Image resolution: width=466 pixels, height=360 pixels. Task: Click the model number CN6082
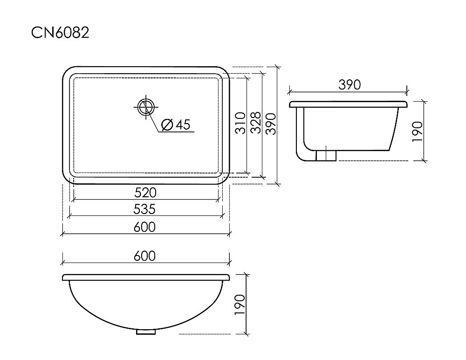(x=60, y=33)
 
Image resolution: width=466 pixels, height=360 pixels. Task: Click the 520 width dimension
(x=145, y=193)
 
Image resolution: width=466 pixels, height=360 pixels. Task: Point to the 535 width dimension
(x=144, y=209)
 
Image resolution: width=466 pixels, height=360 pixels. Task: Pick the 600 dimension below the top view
(x=145, y=227)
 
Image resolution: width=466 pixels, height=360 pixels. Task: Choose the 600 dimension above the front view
(x=145, y=256)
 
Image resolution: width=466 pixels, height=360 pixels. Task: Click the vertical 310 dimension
(x=241, y=123)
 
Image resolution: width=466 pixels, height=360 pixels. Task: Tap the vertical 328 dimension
(x=255, y=123)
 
